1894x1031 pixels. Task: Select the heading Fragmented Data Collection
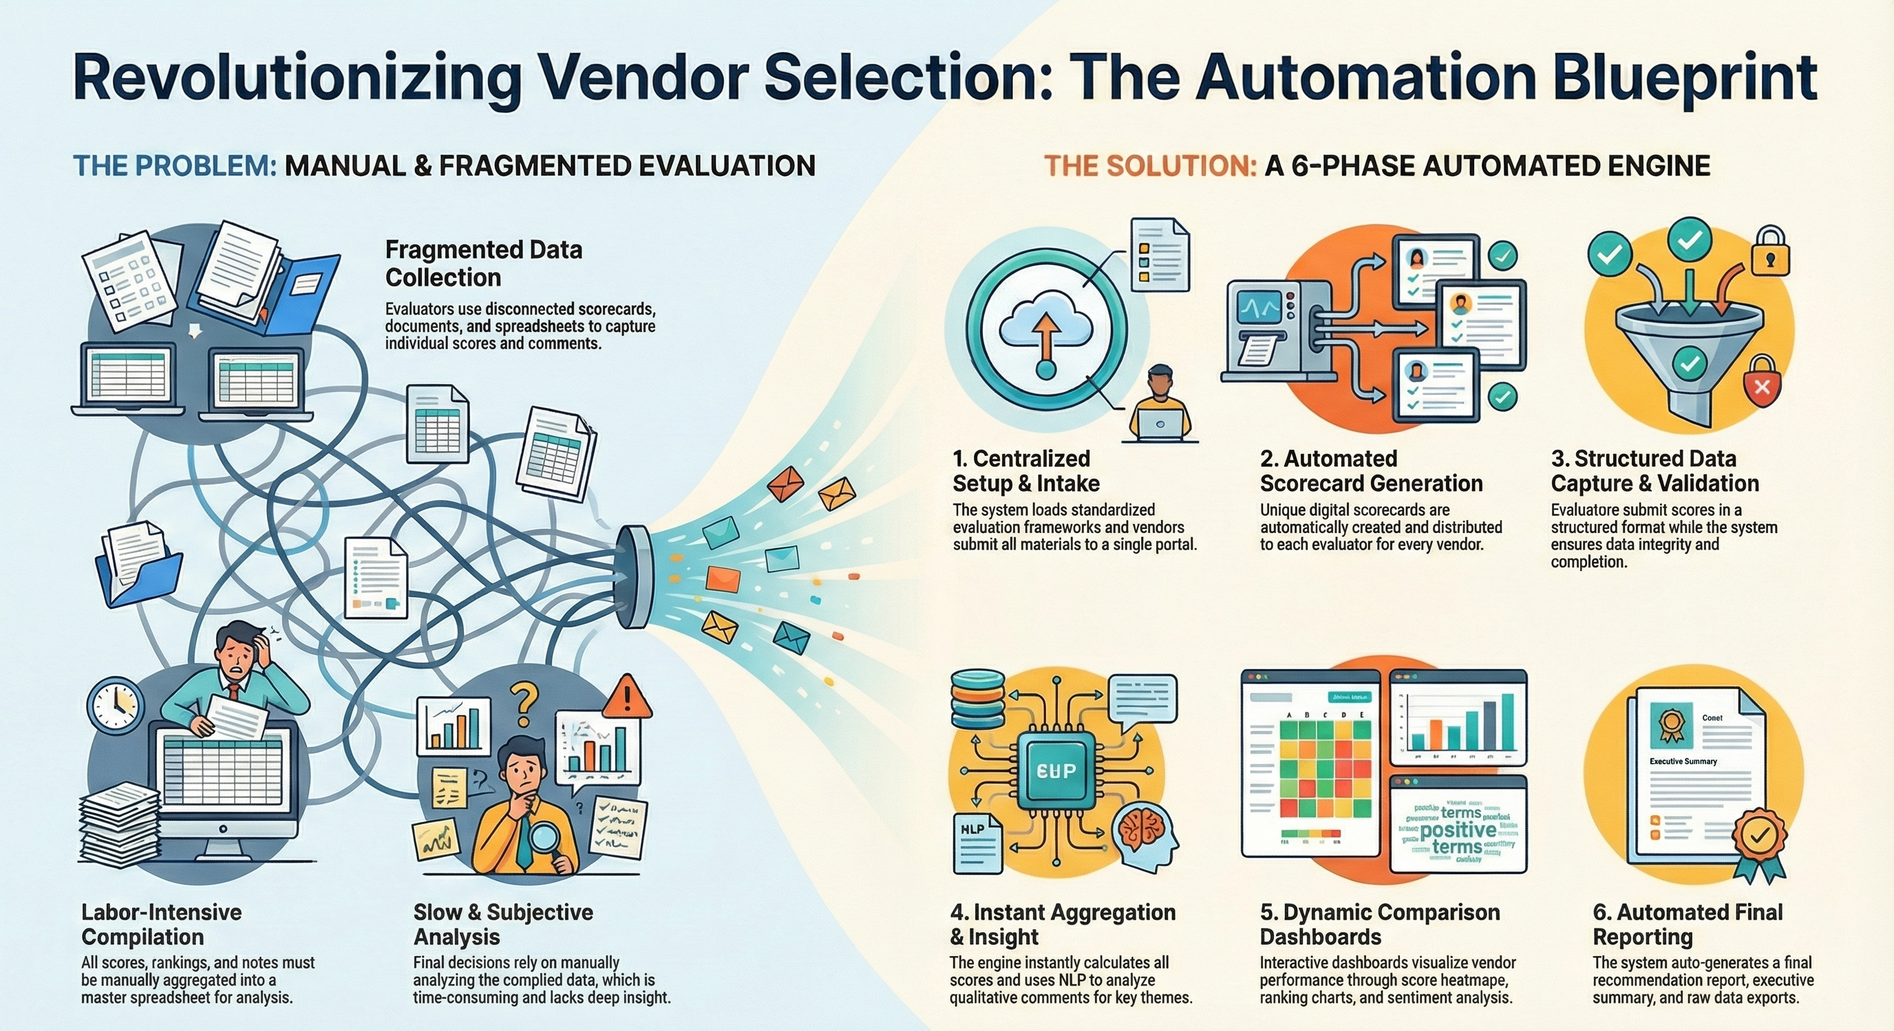[483, 263]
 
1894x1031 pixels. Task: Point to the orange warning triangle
[627, 697]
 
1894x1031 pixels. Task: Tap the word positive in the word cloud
[1457, 829]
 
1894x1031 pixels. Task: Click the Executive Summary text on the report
[1682, 761]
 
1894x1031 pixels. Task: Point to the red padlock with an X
[1762, 382]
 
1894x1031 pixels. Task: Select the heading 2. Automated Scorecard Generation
[1370, 470]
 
